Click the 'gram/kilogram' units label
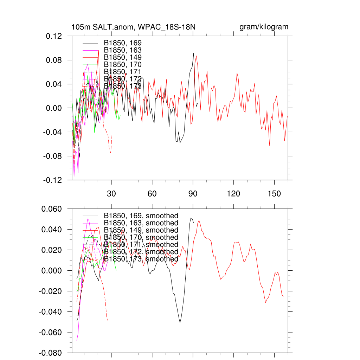point(264,27)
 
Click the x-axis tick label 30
point(111,194)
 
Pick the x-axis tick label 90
point(193,194)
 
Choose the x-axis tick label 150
point(275,194)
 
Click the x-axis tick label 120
point(234,194)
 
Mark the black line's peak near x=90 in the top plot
point(193,53)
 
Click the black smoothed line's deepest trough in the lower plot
point(180,322)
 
